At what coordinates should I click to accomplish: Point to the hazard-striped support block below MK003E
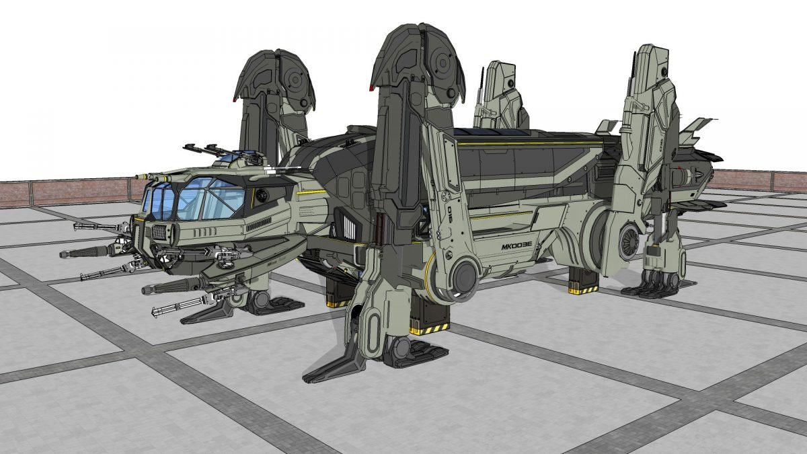pos(582,282)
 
